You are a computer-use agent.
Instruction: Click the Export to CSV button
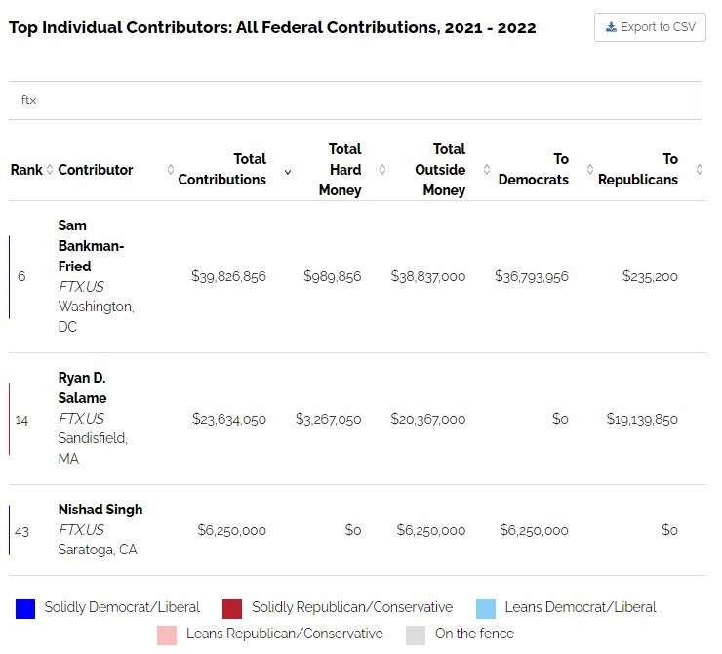click(650, 27)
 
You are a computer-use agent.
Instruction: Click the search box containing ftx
click(355, 101)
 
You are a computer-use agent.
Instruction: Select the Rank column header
click(26, 170)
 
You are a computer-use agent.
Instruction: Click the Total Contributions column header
click(222, 169)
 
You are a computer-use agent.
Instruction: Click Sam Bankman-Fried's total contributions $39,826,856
click(228, 276)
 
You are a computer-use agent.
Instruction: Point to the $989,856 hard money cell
click(332, 276)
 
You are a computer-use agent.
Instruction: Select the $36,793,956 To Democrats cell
click(531, 276)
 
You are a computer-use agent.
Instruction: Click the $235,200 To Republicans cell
click(650, 276)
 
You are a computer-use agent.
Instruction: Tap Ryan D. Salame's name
click(82, 388)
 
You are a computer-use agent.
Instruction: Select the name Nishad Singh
click(100, 509)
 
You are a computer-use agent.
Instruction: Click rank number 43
click(22, 531)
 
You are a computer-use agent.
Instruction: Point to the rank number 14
click(22, 419)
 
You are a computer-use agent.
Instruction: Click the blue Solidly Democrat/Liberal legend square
click(25, 608)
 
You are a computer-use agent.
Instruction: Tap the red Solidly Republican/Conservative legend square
click(232, 608)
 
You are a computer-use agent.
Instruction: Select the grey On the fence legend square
click(416, 634)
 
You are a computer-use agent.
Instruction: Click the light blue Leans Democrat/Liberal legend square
click(486, 608)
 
